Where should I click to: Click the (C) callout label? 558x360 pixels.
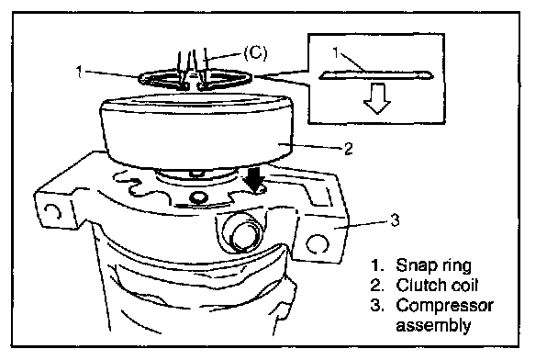coord(255,52)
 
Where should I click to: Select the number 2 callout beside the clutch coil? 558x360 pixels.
coord(349,149)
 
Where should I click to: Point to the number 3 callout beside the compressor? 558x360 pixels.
coord(395,220)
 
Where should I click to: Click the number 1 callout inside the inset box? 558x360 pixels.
coord(336,53)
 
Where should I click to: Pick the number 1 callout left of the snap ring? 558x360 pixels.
coord(79,72)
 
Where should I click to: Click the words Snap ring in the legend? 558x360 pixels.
coord(434,265)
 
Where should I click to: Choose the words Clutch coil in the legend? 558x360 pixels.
coord(437,285)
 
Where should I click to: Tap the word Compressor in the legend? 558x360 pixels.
coord(444,305)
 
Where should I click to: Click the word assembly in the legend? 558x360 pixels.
coord(433,325)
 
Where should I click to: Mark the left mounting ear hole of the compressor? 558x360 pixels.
coord(53,212)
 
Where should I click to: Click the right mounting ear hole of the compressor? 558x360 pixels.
coord(317,244)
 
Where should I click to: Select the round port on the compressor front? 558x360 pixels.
coord(241,233)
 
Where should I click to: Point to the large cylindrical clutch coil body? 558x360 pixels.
coord(196,131)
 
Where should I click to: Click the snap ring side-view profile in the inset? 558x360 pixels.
coord(376,75)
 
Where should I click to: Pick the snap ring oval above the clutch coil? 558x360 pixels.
coord(195,80)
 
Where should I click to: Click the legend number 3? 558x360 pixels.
coord(377,306)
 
